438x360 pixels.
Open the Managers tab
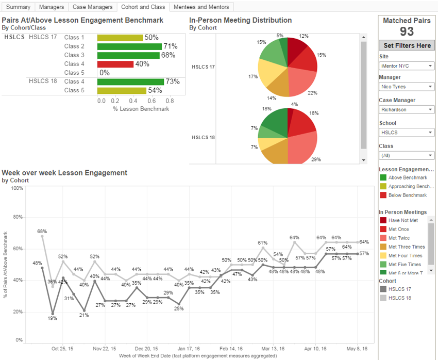click(x=52, y=7)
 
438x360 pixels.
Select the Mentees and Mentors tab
click(x=201, y=7)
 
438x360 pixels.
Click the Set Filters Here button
click(x=407, y=45)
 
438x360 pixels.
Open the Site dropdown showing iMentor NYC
click(x=407, y=66)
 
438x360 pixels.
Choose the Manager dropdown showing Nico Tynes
click(x=407, y=87)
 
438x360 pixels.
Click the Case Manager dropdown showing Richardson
click(x=407, y=109)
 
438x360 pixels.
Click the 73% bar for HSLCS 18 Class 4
click(x=130, y=81)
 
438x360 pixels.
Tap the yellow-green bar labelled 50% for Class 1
click(x=120, y=38)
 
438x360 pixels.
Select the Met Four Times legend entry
click(x=405, y=255)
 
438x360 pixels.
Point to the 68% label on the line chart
click(x=42, y=232)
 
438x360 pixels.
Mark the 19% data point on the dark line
click(x=53, y=313)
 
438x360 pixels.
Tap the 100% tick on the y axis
click(x=17, y=189)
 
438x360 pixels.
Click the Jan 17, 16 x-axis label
click(x=189, y=348)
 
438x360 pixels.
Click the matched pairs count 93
click(x=407, y=31)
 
